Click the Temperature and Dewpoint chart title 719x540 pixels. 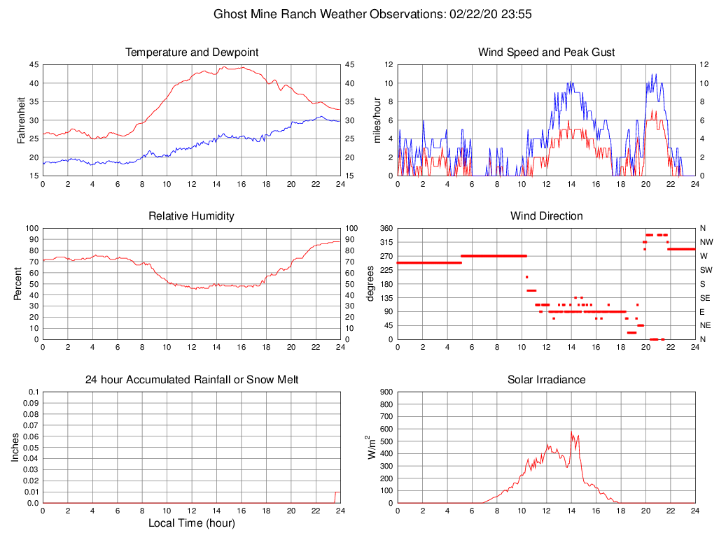coord(191,52)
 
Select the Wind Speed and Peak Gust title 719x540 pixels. coord(546,52)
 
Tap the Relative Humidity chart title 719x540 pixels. coord(191,216)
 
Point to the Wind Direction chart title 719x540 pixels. coord(546,216)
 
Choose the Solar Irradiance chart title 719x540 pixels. coord(546,380)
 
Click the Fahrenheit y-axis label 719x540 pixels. coord(21,120)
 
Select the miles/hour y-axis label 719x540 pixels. coord(377,120)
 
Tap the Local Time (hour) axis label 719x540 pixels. coord(191,523)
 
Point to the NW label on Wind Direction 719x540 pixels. coord(706,242)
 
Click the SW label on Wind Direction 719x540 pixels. coord(706,270)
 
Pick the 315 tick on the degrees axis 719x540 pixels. coord(386,242)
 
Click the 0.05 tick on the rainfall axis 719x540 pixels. coord(31,448)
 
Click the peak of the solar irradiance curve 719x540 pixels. coord(571,432)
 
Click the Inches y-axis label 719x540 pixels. coord(15,448)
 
